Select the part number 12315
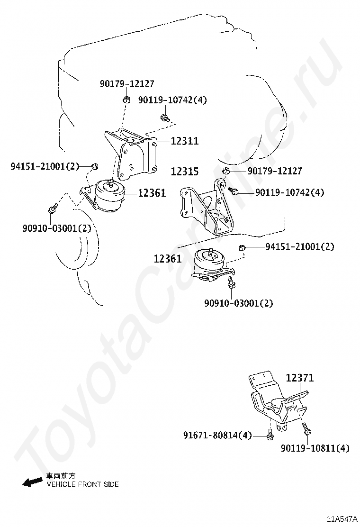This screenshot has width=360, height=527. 185,172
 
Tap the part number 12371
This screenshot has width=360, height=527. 299,378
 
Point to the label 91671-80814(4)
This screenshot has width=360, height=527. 217,435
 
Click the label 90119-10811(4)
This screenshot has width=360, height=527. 315,448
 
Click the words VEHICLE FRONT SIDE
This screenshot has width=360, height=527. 82,484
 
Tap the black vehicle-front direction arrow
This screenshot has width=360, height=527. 32,482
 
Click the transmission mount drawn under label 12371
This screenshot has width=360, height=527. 277,403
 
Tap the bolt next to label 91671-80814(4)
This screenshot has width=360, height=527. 270,434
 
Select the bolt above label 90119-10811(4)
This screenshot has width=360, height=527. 306,429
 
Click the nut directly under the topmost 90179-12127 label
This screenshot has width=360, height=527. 126,99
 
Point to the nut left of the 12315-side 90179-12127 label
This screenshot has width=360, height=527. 226,171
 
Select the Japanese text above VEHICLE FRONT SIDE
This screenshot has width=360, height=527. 60,475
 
